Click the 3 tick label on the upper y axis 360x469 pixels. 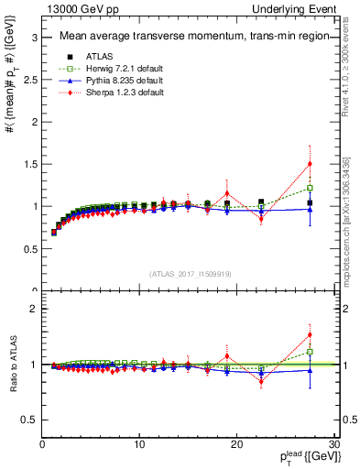tap(34, 38)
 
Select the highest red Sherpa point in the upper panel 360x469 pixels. tap(310, 164)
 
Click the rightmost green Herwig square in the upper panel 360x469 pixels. tap(310, 188)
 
